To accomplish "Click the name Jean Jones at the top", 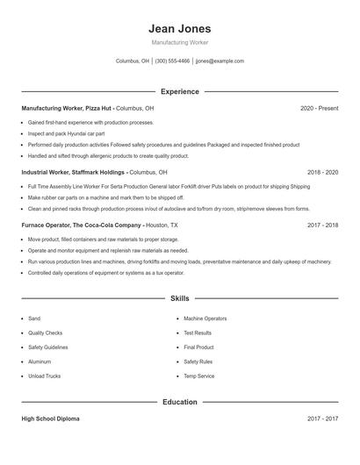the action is (x=180, y=29).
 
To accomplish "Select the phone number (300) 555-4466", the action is (x=172, y=61).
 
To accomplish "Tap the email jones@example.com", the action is (x=220, y=61).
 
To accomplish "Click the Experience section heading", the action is (x=180, y=91).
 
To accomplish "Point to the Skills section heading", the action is (x=180, y=298).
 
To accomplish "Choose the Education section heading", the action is (x=180, y=402).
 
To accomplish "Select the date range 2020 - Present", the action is (x=319, y=108).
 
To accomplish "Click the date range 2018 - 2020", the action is (x=322, y=172).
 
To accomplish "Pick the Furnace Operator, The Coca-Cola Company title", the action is (x=82, y=225).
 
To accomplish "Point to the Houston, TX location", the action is (x=162, y=225).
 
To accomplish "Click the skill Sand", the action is (x=34, y=318).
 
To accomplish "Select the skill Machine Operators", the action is (x=205, y=318).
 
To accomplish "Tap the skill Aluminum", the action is (x=40, y=361).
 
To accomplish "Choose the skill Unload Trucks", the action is (x=44, y=376).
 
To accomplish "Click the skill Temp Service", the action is (x=198, y=376).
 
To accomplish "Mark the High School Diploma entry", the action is (x=50, y=418).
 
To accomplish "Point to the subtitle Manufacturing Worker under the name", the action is (x=180, y=42).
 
